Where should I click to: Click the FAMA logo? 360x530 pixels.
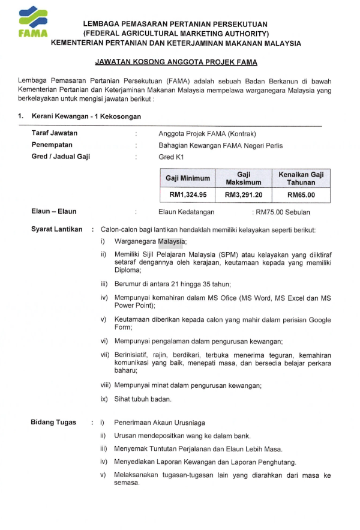32,23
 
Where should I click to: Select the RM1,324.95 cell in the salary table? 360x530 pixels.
188,194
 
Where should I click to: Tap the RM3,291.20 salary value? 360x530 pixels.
243,194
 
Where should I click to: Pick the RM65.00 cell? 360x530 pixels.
301,194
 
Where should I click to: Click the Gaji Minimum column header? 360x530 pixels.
188,178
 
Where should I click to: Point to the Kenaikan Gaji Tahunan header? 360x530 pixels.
301,178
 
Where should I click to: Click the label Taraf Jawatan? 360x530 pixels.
54,133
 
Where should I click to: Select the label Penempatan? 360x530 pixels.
52,145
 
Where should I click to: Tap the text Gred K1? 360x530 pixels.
171,157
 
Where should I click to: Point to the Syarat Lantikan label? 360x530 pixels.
56,229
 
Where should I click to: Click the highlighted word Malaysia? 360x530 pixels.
171,242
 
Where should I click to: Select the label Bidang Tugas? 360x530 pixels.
53,423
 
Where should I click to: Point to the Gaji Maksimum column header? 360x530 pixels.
243,178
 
